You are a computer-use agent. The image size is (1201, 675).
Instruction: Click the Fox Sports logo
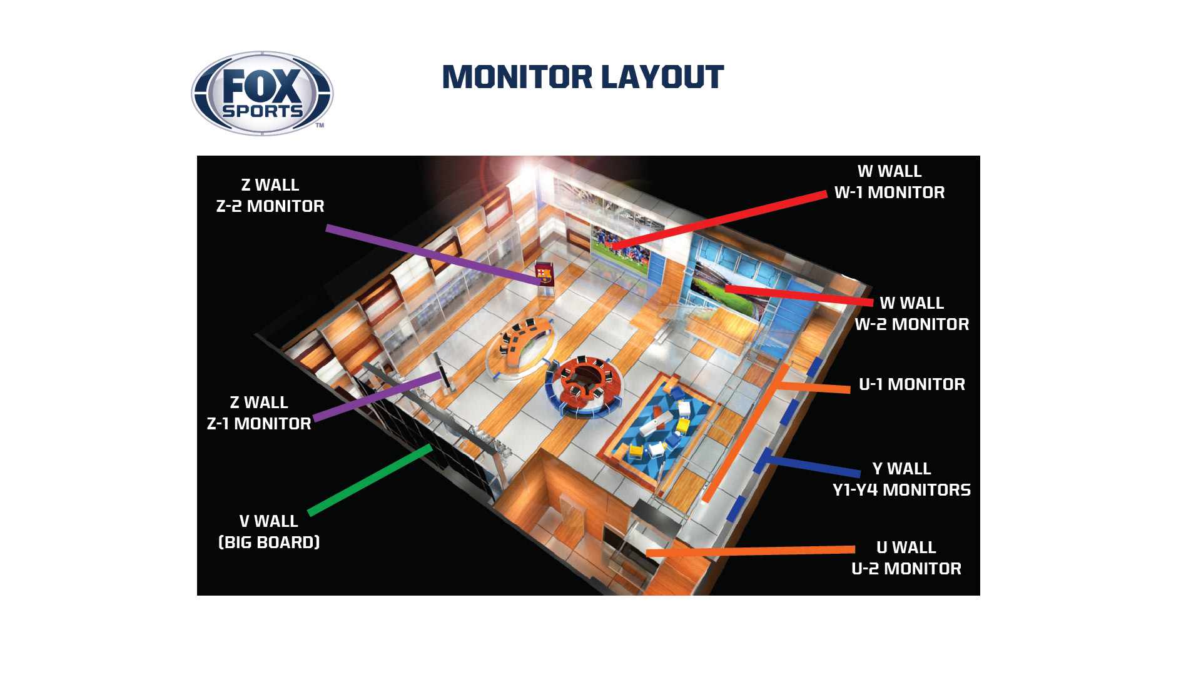[262, 94]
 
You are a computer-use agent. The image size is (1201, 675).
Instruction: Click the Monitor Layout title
[582, 77]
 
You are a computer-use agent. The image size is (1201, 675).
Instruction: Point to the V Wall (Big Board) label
[269, 532]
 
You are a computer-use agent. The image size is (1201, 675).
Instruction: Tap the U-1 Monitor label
[912, 384]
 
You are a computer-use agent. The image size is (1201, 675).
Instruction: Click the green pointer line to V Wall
[369, 480]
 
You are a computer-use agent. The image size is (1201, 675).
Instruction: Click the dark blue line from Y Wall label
[813, 466]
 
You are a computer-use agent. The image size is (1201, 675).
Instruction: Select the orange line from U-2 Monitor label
[751, 551]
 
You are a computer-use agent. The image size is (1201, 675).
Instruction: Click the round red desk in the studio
[585, 386]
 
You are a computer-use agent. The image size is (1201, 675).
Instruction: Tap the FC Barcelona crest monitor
[544, 274]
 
